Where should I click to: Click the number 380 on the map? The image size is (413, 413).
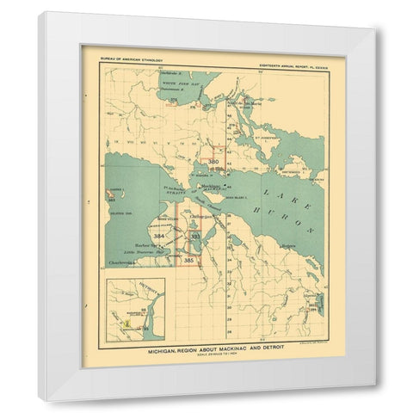(x=213, y=161)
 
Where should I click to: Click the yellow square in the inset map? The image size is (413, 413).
(x=126, y=325)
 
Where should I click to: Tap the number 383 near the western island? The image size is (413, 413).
(x=111, y=200)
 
